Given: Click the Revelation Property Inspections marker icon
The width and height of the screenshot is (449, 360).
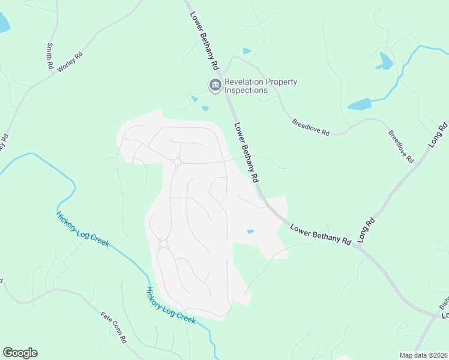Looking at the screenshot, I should pyautogui.click(x=214, y=86).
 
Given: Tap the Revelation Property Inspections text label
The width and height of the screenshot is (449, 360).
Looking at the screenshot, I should pyautogui.click(x=261, y=86).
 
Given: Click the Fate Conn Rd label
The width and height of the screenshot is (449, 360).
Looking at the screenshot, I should pyautogui.click(x=114, y=327).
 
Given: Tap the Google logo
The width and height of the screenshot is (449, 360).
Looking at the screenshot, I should pyautogui.click(x=20, y=353).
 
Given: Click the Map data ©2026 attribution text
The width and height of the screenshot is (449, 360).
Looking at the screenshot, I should pyautogui.click(x=423, y=355).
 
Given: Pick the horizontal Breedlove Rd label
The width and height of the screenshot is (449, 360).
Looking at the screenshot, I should pyautogui.click(x=311, y=127).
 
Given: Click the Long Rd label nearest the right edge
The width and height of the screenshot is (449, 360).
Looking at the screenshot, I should pyautogui.click(x=438, y=136).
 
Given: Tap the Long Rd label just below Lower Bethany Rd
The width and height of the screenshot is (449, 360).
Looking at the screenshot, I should pyautogui.click(x=366, y=230).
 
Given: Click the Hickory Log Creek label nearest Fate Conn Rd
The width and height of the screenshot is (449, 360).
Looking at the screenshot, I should pyautogui.click(x=171, y=306).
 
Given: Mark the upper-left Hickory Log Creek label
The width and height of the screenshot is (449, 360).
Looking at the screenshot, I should pyautogui.click(x=82, y=229).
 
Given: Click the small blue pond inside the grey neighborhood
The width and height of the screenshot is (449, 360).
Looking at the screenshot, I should pyautogui.click(x=250, y=232).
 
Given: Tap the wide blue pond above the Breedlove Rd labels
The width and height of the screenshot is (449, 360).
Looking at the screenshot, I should pyautogui.click(x=360, y=104).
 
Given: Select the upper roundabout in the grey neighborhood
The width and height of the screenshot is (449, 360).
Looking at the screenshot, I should pyautogui.click(x=178, y=161).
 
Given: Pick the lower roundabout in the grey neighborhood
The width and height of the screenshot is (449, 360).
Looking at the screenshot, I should pyautogui.click(x=163, y=244).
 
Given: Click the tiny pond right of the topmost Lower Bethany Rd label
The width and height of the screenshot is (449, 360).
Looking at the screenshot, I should pyautogui.click(x=247, y=51).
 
